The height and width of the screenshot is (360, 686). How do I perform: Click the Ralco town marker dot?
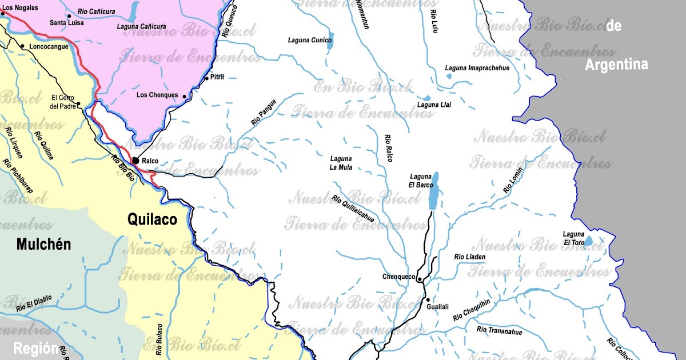135,161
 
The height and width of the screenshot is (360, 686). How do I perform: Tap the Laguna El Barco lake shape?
434,191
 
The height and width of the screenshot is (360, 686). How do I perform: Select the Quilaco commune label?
152,219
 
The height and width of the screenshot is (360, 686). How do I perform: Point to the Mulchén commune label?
43,245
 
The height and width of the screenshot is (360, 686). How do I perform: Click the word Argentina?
616,65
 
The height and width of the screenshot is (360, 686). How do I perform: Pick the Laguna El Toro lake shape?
588,241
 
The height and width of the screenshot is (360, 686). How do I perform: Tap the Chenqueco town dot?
420,279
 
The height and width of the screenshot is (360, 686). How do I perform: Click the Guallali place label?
438,307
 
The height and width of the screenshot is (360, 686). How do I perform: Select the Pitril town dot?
206,78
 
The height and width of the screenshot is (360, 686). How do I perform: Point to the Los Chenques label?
157,95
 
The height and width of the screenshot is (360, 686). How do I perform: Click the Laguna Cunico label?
310,40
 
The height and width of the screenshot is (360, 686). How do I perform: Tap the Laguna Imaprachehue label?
477,68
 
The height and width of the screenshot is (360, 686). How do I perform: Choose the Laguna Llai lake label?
434,105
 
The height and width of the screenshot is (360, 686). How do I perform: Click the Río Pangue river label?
264,112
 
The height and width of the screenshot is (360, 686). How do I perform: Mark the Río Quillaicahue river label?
353,209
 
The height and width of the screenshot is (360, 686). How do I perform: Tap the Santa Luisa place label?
66,23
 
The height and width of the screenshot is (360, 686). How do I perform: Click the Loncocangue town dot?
22,46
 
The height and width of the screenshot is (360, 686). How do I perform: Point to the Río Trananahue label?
498,330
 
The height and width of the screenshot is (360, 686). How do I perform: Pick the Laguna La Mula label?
341,163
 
